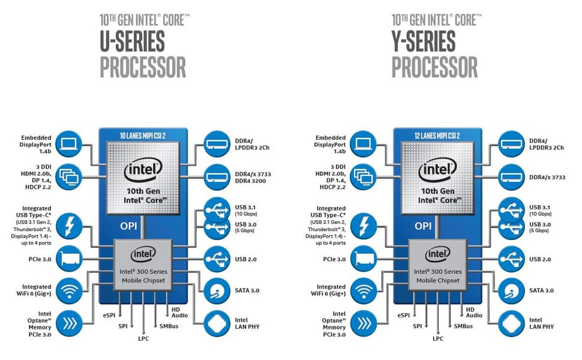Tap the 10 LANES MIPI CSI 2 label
(x=143, y=136)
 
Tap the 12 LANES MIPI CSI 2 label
(x=436, y=136)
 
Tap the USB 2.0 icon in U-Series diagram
(x=216, y=259)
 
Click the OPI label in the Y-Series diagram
(x=424, y=226)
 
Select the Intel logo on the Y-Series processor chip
(x=436, y=170)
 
